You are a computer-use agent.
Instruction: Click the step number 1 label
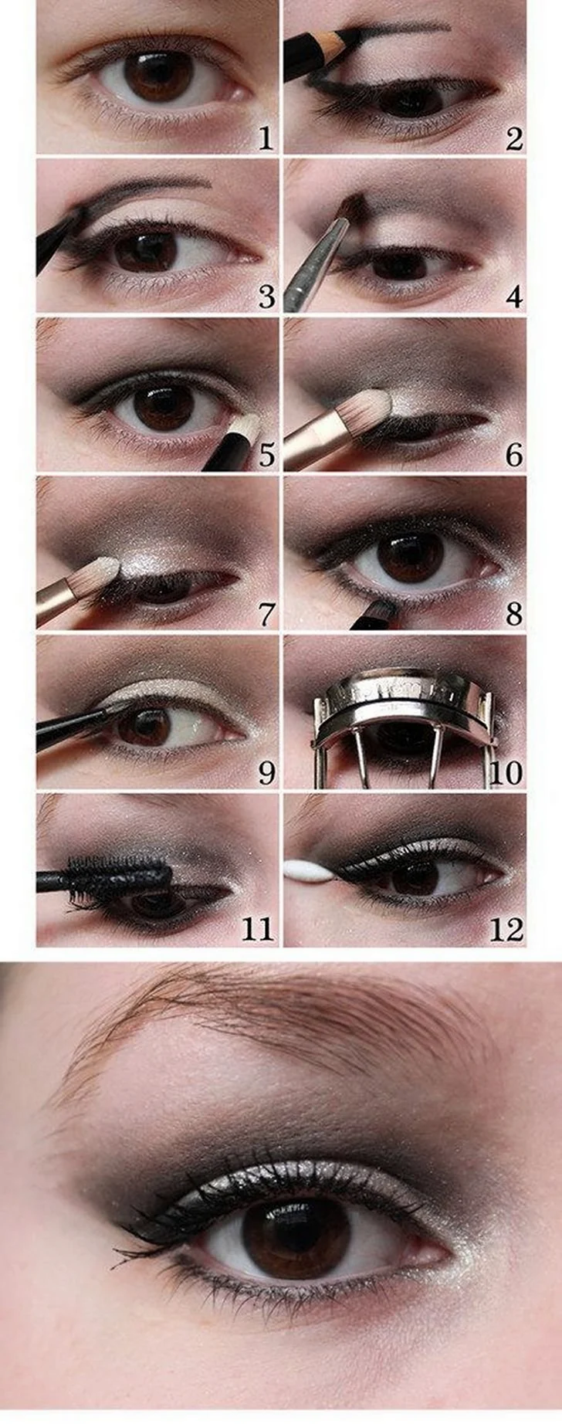pos(266,139)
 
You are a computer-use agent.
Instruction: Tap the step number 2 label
pos(514,139)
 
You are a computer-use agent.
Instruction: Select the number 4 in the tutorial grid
pos(514,297)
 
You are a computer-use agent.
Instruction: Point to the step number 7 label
pos(266,615)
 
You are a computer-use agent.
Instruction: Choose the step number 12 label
pos(506,930)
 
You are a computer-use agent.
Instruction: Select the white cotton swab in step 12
pos(309,870)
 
